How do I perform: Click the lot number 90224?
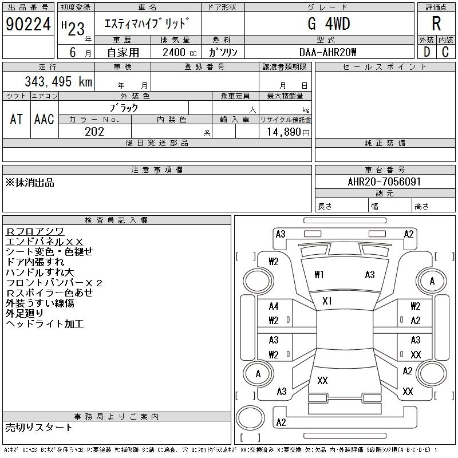(x=28, y=24)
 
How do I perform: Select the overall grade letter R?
(x=436, y=23)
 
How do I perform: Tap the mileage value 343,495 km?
(x=58, y=81)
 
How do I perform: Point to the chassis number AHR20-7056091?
(x=384, y=181)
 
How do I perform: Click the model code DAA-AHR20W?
(x=327, y=52)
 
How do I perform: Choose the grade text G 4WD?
(x=329, y=23)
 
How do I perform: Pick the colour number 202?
(x=94, y=132)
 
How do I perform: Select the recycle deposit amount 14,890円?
(x=289, y=132)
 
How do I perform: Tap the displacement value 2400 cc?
(x=179, y=52)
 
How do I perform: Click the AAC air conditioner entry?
(x=44, y=119)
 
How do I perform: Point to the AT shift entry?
(x=17, y=119)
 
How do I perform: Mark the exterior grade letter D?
(x=427, y=52)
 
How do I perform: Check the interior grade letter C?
(x=445, y=52)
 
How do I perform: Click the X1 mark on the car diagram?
(x=327, y=301)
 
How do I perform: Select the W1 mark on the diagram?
(x=319, y=275)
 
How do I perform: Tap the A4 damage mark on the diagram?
(x=274, y=306)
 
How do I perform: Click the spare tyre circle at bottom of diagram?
(x=250, y=418)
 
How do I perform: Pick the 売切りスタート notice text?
(x=39, y=428)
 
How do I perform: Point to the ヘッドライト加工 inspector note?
(x=45, y=323)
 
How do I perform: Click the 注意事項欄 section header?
(x=157, y=169)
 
